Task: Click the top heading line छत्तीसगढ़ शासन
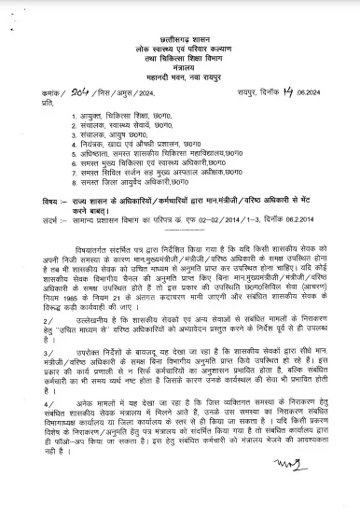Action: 178,11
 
